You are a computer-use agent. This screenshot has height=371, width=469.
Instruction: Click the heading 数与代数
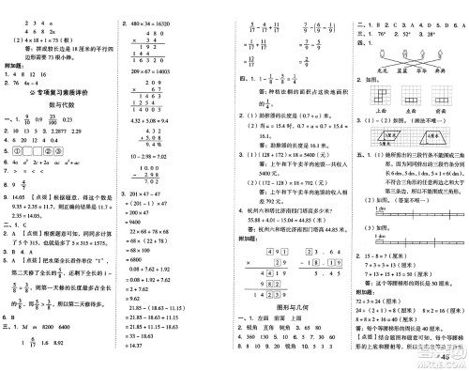point(58,104)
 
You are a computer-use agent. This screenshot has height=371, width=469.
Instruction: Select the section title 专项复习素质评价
point(57,91)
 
